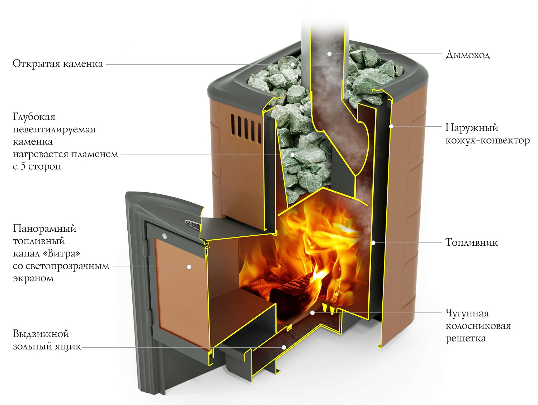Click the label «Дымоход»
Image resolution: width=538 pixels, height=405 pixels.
(x=467, y=55)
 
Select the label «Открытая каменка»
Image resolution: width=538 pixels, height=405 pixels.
(x=58, y=64)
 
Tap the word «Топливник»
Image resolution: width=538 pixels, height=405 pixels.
(x=471, y=242)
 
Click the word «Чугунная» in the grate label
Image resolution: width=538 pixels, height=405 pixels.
(x=467, y=314)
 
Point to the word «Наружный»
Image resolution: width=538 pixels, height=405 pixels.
(x=472, y=128)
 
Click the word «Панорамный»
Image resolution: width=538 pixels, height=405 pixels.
(x=44, y=229)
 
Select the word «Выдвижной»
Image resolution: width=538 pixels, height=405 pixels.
(x=41, y=334)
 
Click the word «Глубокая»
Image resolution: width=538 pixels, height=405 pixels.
(x=34, y=117)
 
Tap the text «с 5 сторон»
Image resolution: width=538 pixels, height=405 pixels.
(x=37, y=166)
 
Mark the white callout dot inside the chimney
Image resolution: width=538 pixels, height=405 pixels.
(x=329, y=54)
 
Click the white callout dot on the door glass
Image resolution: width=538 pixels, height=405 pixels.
(x=189, y=267)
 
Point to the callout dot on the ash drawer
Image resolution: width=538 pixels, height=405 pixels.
(x=283, y=347)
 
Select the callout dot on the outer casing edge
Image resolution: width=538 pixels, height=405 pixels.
(x=392, y=126)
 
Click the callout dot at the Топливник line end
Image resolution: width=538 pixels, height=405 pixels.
(x=373, y=243)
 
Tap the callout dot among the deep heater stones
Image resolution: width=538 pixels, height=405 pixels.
(x=293, y=155)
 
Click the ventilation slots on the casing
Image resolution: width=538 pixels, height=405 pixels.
(x=246, y=128)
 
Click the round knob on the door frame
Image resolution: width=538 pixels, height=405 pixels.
(x=164, y=236)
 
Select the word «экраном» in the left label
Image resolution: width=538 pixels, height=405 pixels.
(x=33, y=278)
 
